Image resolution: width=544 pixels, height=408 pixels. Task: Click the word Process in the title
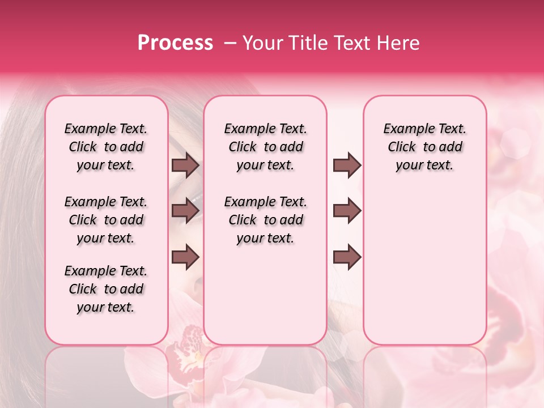point(175,43)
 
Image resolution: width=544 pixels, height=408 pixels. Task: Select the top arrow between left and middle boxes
point(185,165)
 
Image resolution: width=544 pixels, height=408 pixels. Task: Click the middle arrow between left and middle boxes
point(185,211)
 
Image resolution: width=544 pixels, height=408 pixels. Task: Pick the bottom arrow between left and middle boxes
point(185,257)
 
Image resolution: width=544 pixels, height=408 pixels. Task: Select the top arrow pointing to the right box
point(347,165)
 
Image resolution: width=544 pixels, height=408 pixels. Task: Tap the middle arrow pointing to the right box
point(347,211)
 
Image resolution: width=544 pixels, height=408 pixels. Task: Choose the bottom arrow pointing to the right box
point(347,257)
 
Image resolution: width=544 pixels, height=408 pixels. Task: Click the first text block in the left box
point(106,147)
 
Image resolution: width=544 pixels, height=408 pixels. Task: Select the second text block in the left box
point(106,220)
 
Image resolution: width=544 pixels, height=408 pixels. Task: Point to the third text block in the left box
point(106,289)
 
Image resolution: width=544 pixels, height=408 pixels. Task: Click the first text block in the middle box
point(265,147)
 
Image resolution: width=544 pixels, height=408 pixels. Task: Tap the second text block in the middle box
point(265,220)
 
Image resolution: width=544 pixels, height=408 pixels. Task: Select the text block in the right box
point(424,147)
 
